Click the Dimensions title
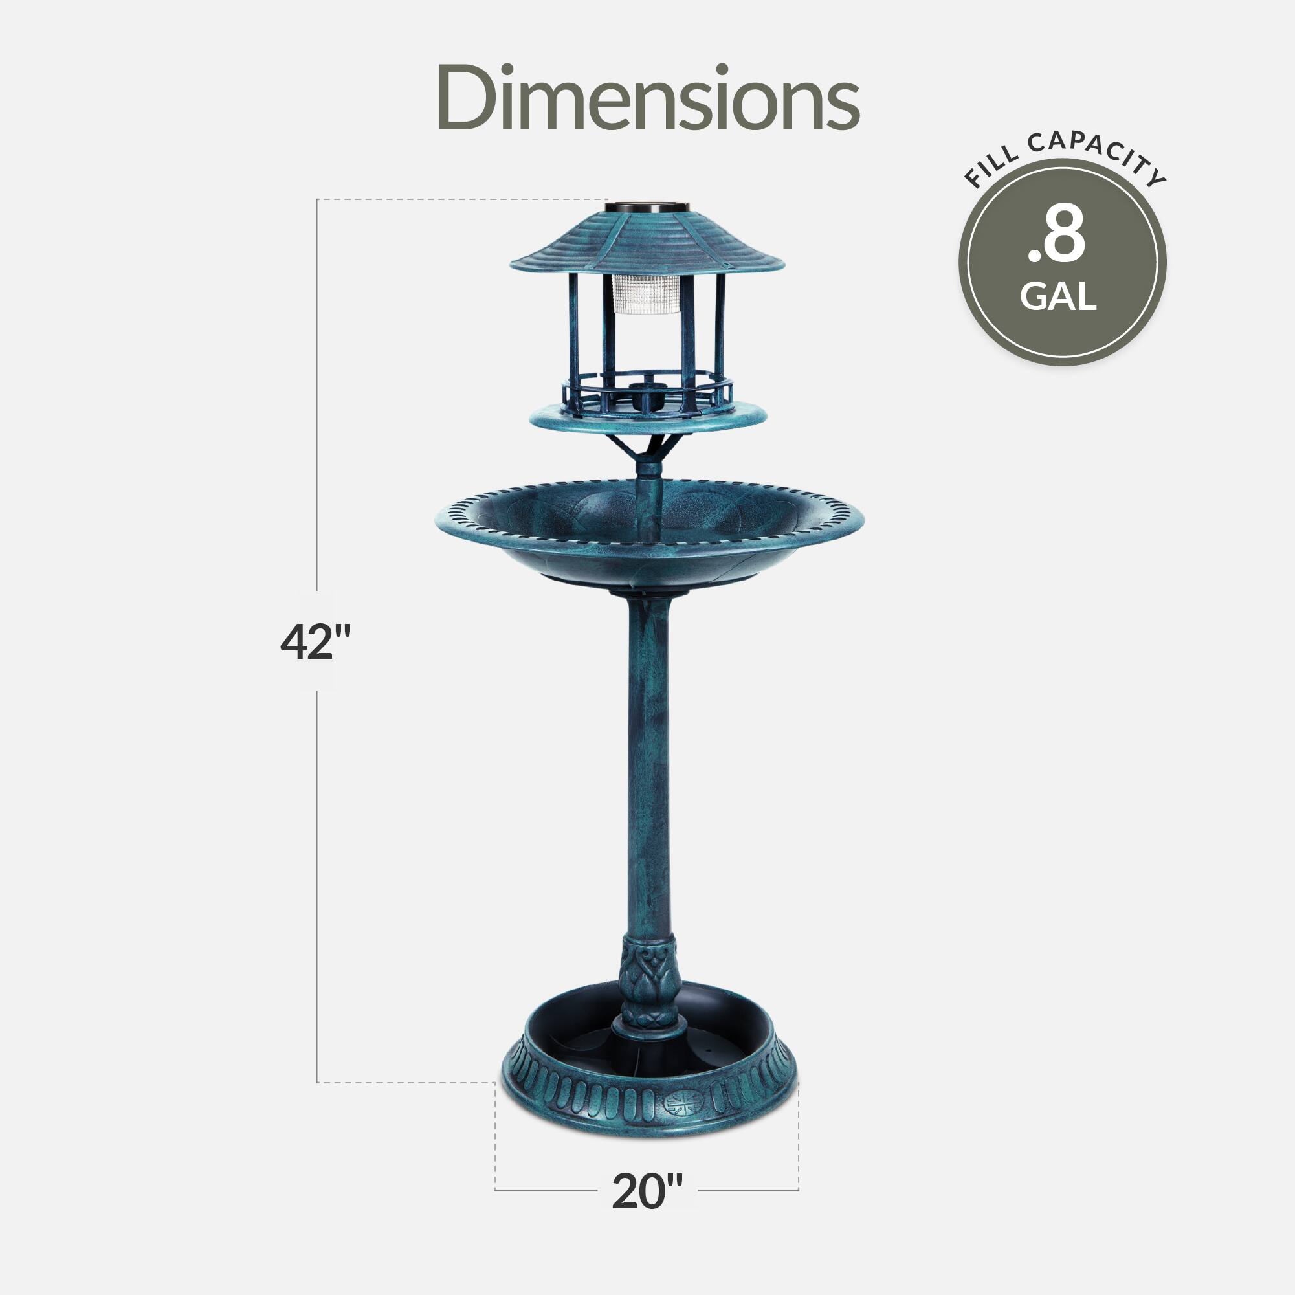(x=647, y=98)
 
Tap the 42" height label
(x=315, y=642)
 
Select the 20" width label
(x=647, y=1190)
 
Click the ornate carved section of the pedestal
(x=649, y=982)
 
